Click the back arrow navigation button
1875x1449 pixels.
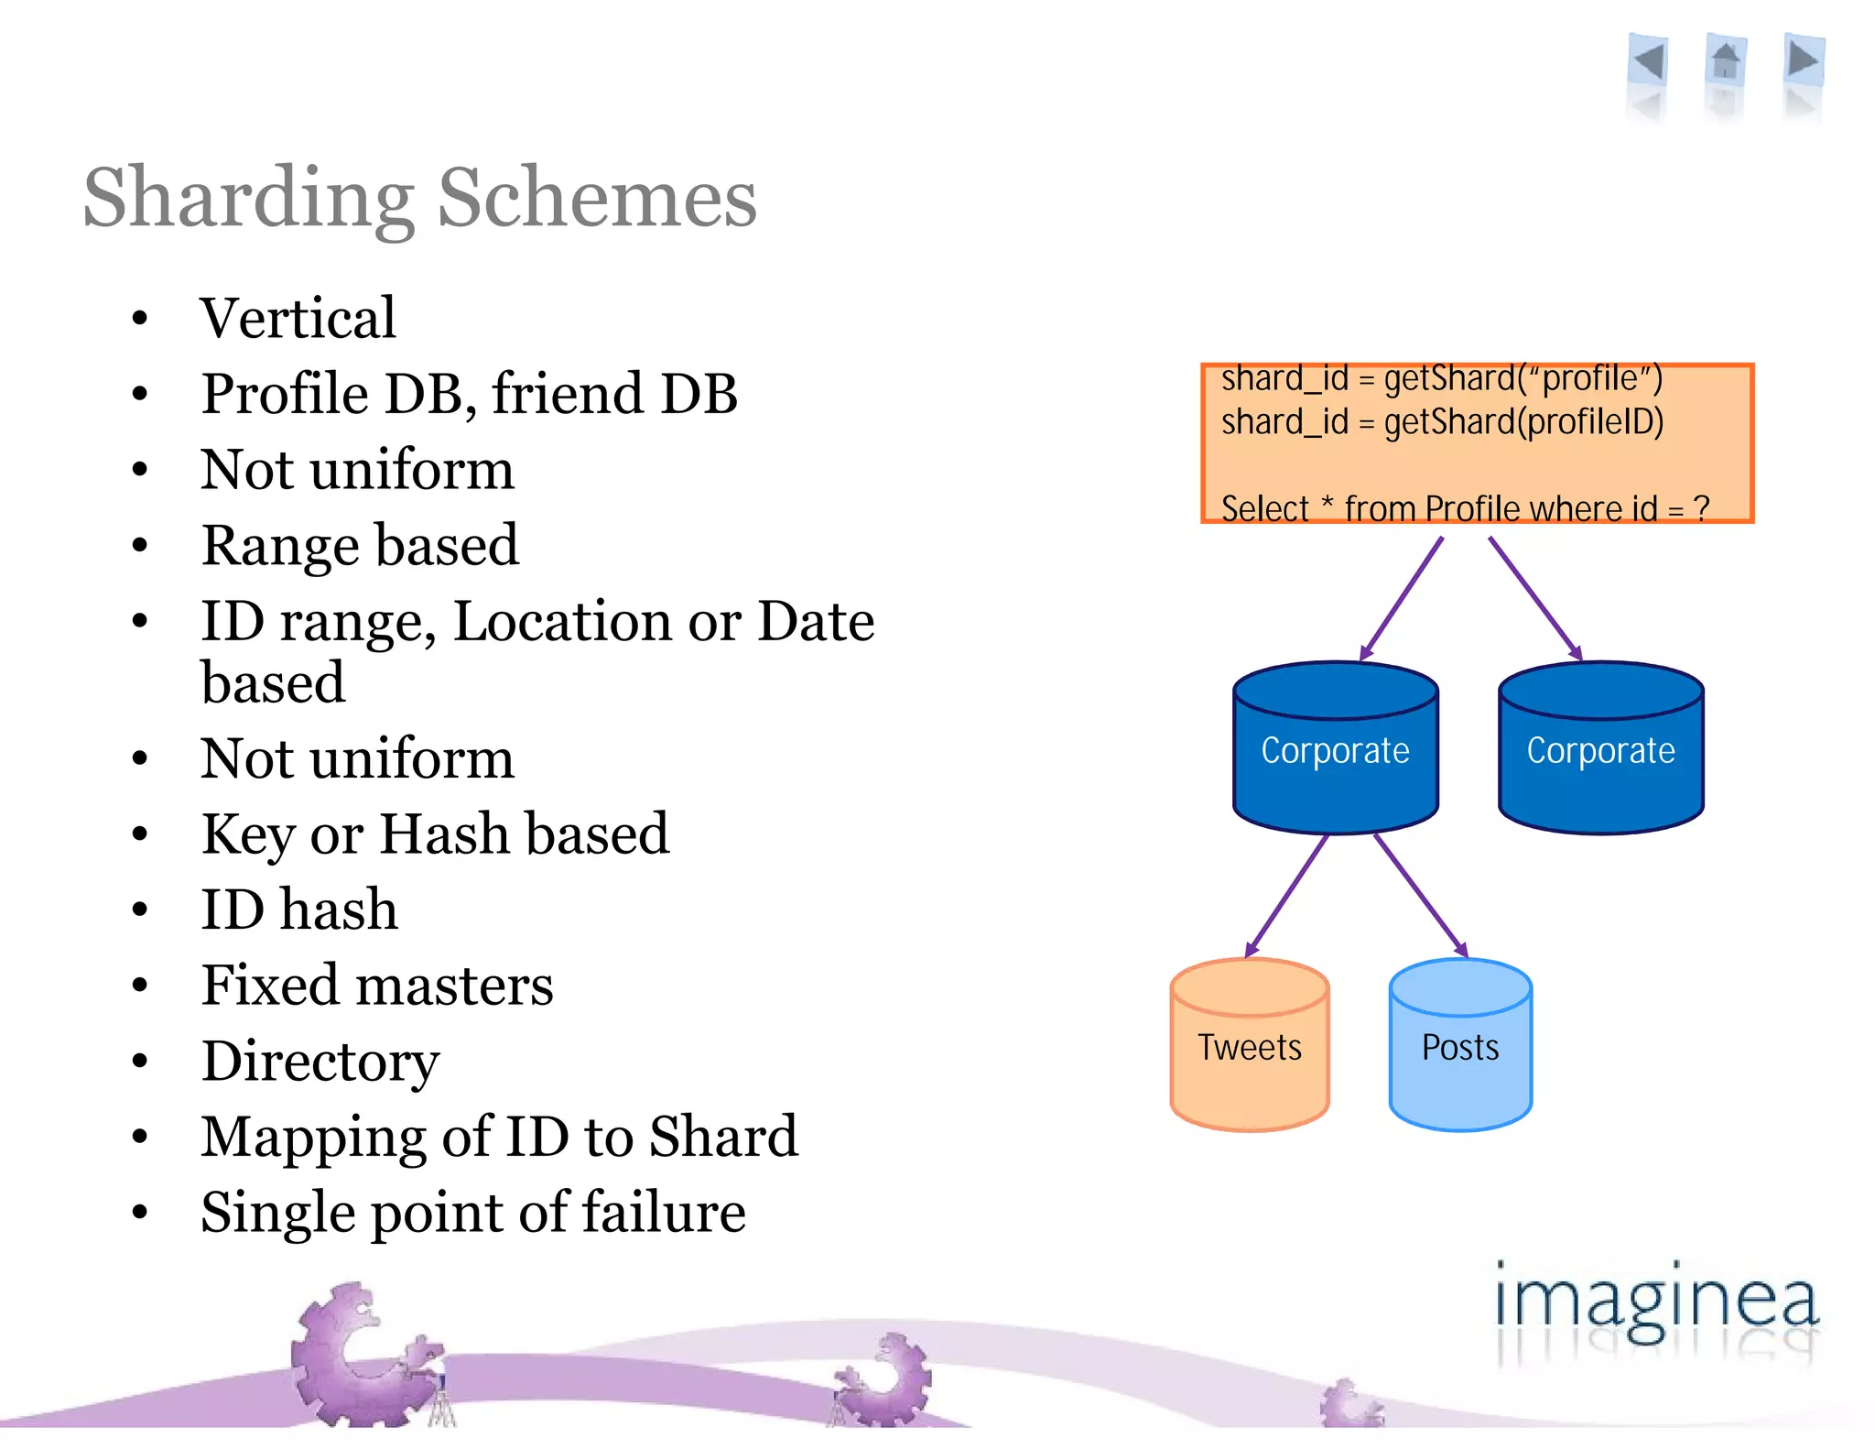coord(1649,63)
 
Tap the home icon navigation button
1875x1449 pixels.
coord(1726,62)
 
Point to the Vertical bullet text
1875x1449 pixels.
coord(298,319)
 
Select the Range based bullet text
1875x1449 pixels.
coord(360,546)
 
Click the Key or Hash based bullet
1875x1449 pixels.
coord(435,834)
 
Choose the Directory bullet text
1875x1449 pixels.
coord(320,1062)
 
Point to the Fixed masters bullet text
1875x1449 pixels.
coord(377,986)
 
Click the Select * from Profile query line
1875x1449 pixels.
coord(1465,507)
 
